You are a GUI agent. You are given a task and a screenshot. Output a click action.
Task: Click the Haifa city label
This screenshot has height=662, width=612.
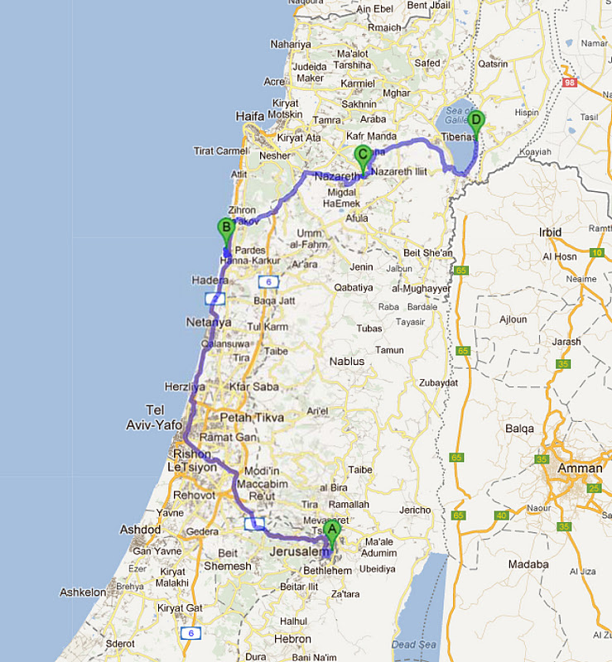[249, 116]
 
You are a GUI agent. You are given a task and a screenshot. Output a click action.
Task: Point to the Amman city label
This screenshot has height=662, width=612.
[581, 468]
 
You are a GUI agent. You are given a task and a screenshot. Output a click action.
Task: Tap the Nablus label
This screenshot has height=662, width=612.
[346, 362]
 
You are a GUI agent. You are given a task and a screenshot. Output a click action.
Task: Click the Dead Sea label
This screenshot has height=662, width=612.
[413, 645]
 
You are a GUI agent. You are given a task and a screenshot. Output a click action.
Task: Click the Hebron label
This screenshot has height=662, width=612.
[293, 639]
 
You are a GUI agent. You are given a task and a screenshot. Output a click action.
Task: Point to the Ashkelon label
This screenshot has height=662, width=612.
[83, 592]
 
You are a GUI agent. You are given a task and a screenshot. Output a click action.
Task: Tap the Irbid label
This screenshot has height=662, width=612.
[550, 233]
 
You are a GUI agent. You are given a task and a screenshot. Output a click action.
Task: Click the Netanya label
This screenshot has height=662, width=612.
[208, 322]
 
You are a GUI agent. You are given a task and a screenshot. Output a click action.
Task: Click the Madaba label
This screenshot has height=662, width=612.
[529, 564]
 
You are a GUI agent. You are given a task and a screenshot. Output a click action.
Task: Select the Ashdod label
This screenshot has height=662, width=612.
[141, 530]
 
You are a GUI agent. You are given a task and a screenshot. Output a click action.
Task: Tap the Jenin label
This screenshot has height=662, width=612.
[361, 266]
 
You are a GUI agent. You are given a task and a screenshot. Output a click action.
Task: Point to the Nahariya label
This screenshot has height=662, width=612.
[291, 44]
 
